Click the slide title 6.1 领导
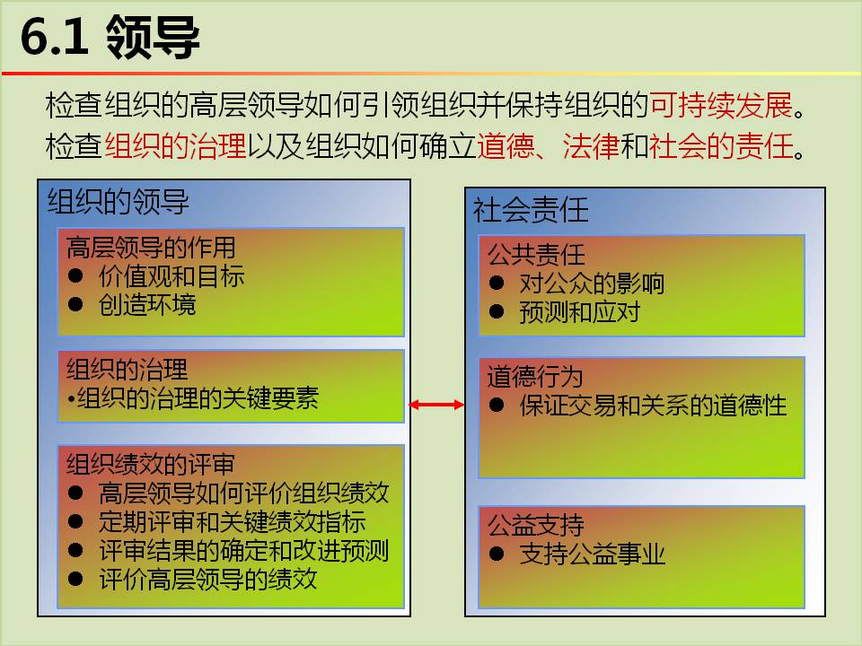[110, 37]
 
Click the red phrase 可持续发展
[721, 105]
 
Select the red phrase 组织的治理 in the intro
[175, 146]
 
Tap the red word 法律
[591, 146]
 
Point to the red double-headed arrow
[436, 405]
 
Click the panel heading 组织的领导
[119, 201]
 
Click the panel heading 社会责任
[531, 210]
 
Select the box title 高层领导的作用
[151, 248]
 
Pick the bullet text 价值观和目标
[172, 275]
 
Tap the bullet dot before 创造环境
[75, 304]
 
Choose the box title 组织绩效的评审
[151, 464]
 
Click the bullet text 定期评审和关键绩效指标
[232, 522]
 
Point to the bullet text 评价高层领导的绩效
[207, 579]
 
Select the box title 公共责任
[536, 254]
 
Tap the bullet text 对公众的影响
[592, 284]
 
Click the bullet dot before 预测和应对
[497, 311]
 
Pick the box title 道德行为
[535, 376]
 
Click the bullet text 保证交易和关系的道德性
[653, 406]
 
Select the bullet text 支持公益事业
[592, 554]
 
